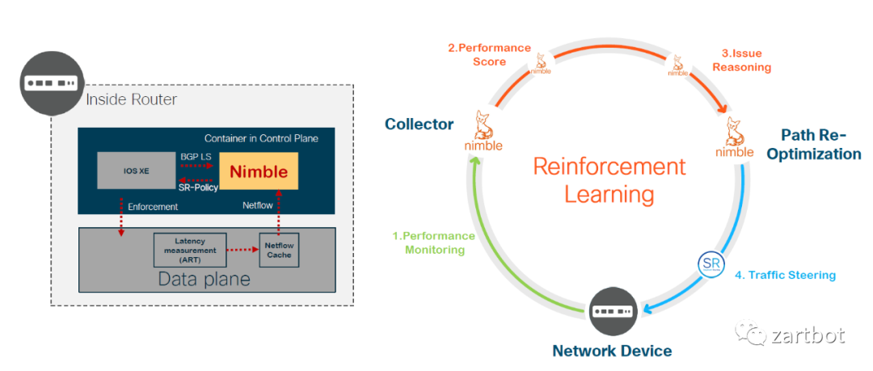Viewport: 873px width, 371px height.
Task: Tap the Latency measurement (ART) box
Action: (189, 250)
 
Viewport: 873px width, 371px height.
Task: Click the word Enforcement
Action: (154, 207)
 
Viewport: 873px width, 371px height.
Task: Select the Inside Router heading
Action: (131, 99)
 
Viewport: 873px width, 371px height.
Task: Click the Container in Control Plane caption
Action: (261, 138)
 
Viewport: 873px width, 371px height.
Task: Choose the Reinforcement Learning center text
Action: (609, 180)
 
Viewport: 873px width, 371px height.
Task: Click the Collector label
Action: (419, 124)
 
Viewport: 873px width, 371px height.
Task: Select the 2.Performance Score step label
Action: (489, 55)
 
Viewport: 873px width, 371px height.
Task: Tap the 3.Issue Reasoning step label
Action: (741, 61)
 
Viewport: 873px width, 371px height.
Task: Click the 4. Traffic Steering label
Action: (785, 275)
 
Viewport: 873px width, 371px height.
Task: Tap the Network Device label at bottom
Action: (611, 351)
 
